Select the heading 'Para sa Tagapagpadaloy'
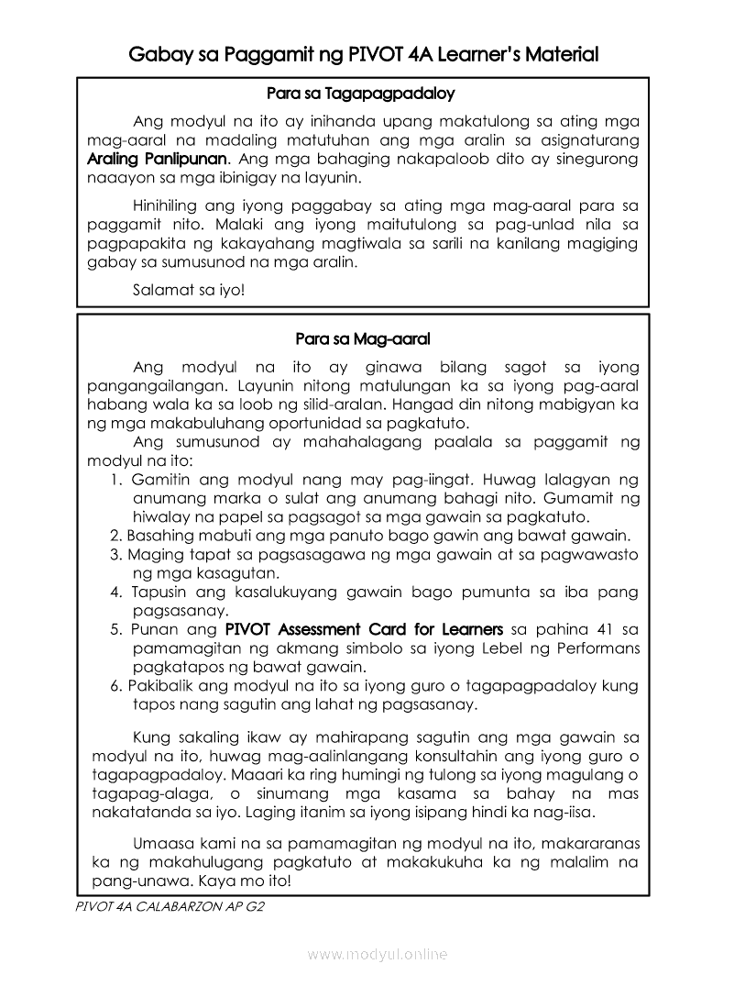click(361, 94)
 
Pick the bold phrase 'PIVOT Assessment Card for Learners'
click(364, 629)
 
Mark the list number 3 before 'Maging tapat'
click(115, 555)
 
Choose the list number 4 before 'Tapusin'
click(115, 592)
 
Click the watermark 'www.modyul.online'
click(378, 955)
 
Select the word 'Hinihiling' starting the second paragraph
click(166, 205)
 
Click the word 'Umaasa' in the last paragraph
click(161, 842)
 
